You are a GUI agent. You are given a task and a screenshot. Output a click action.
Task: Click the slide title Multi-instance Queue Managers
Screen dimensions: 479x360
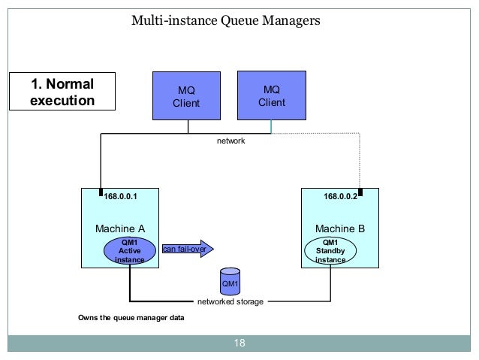226,21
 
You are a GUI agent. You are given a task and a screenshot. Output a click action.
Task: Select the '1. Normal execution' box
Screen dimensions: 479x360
62,91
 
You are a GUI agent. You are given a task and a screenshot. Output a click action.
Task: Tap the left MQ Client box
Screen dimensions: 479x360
186,95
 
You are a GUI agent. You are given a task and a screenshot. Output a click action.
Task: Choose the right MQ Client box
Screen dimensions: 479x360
272,95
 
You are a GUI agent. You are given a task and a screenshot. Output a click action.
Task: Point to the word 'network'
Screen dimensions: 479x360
231,141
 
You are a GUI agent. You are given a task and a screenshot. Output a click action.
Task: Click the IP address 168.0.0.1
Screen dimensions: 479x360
120,196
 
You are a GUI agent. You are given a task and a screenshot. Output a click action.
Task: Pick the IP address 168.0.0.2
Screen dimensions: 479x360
340,196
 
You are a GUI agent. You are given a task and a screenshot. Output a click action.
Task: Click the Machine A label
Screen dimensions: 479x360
120,228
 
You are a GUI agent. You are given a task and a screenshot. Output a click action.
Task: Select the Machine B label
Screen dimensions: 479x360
340,228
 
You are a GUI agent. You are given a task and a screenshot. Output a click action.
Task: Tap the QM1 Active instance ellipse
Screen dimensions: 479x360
130,251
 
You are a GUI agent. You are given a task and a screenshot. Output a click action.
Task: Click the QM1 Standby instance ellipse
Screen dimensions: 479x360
330,251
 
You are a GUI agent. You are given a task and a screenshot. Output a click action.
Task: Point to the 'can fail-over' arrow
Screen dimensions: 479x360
188,249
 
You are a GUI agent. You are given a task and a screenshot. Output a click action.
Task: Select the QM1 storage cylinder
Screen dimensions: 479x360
230,282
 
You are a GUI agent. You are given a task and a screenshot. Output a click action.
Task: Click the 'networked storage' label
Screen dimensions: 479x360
230,301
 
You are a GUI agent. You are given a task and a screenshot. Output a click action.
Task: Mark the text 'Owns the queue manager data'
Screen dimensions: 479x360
131,318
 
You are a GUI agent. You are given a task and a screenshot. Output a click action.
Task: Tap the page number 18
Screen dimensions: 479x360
239,343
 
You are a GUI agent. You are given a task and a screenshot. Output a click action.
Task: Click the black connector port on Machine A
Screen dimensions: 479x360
101,192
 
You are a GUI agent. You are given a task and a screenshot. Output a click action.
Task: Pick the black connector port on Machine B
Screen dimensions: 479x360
360,192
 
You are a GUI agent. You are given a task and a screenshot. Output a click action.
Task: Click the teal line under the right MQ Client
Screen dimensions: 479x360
271,126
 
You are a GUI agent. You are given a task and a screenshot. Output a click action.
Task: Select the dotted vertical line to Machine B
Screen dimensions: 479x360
360,161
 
